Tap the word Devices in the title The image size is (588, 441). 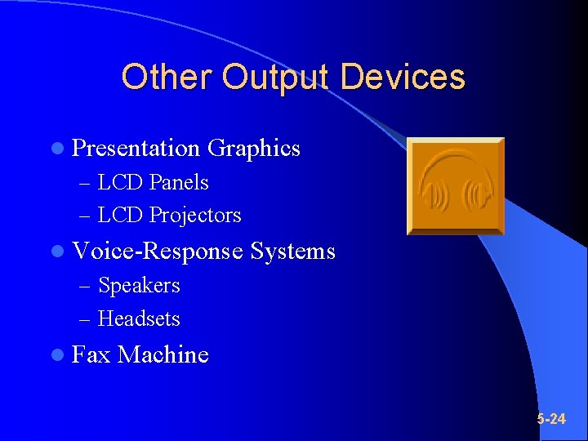click(x=403, y=78)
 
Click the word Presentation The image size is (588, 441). click(x=136, y=149)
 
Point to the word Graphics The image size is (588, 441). click(x=254, y=149)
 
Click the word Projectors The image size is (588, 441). click(x=195, y=216)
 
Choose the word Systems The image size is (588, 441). click(x=293, y=251)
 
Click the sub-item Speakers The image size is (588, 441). click(x=139, y=286)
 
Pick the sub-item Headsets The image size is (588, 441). click(x=139, y=318)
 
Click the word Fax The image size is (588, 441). click(x=91, y=354)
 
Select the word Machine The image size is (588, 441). click(x=163, y=354)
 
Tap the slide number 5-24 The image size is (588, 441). click(x=551, y=419)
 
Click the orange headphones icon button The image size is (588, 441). click(x=456, y=186)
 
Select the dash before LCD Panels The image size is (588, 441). click(x=86, y=183)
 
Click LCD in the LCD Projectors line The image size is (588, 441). click(x=117, y=216)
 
